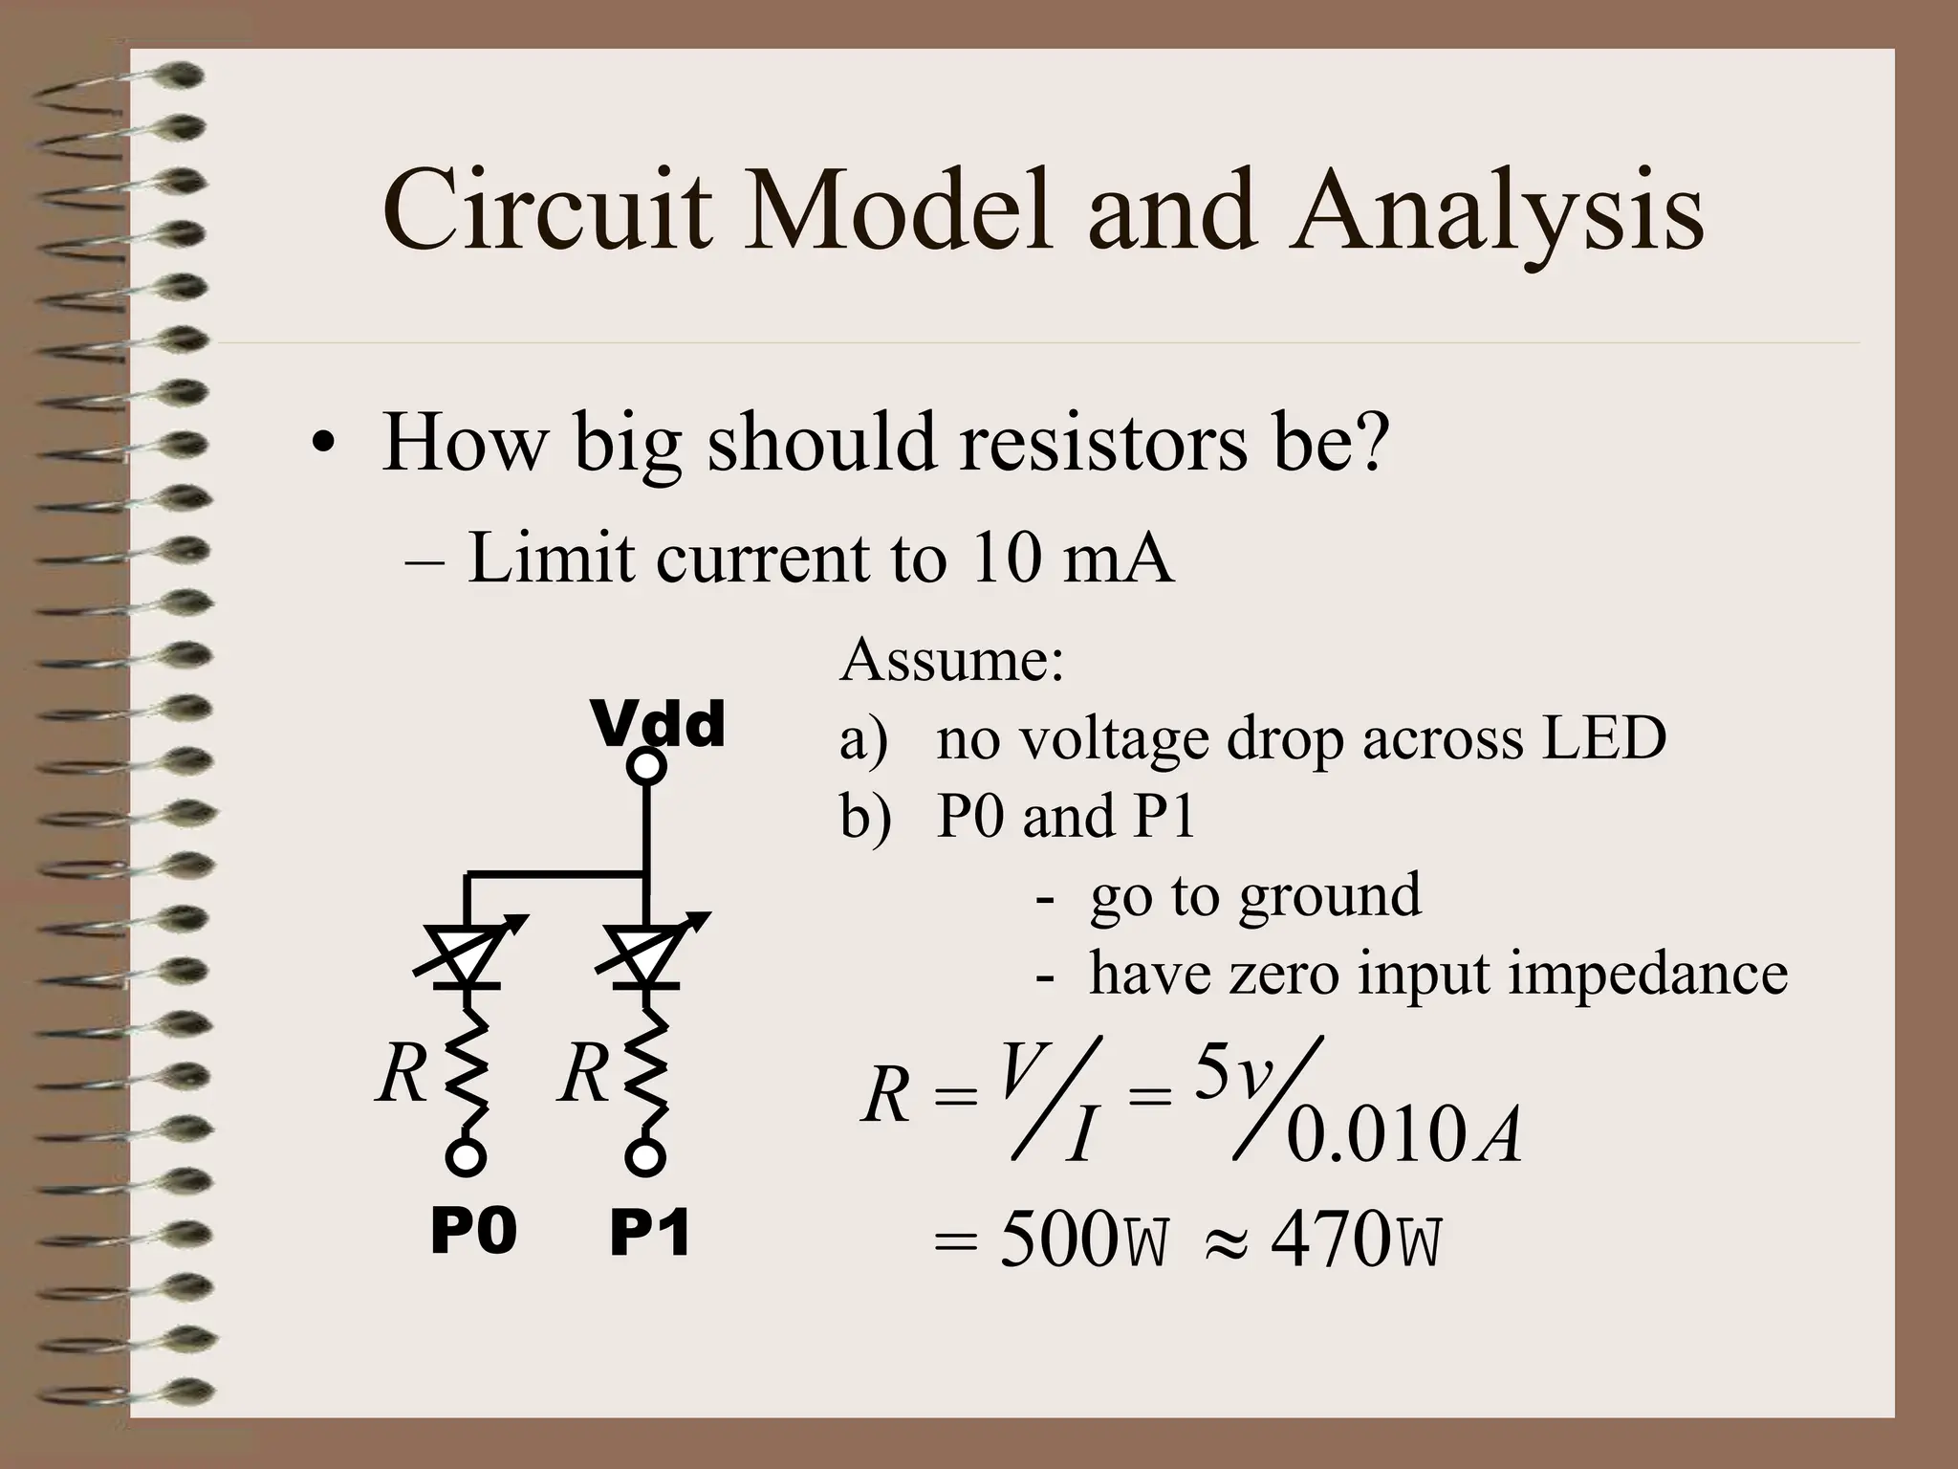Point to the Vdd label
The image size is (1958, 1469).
click(659, 724)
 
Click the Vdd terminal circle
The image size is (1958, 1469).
click(647, 766)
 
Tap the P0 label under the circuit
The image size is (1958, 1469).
click(473, 1231)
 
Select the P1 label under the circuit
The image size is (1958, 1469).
click(650, 1234)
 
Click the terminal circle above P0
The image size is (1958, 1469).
click(466, 1157)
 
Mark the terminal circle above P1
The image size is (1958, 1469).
click(645, 1157)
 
